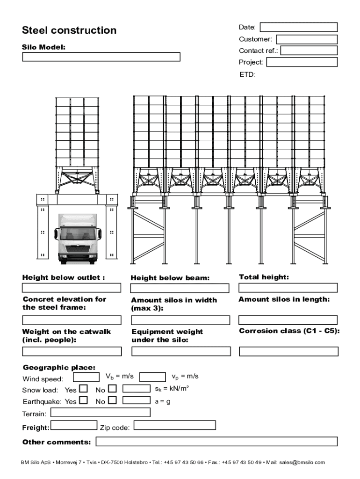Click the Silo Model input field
tap(101, 57)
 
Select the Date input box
tap(298, 27)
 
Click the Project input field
tap(302, 62)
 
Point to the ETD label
tap(247, 74)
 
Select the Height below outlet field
tap(72, 288)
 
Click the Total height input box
tap(288, 288)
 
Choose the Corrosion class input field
tap(288, 351)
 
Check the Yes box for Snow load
tap(83, 388)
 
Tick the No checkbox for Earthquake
tap(112, 400)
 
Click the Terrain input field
tap(101, 413)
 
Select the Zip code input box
tap(175, 425)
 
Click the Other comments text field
tap(216, 442)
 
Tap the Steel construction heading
tap(69, 30)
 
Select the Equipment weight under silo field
tap(180, 351)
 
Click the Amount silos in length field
tap(288, 320)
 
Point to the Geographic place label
tap(59, 368)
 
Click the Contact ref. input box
tap(309, 51)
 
